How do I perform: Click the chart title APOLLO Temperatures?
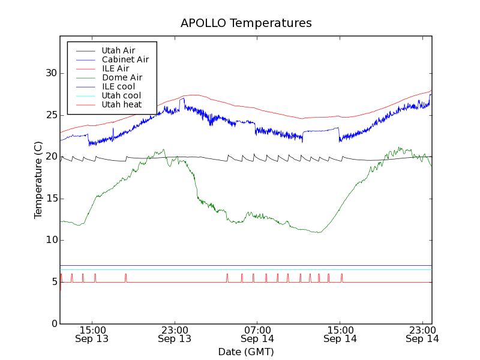pos(246,23)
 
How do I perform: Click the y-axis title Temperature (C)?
pos(38,180)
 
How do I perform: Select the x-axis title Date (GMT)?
pos(246,352)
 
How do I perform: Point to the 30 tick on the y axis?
pos(51,73)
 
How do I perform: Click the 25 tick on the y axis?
pos(51,115)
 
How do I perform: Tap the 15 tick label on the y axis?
pos(51,199)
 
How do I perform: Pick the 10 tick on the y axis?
pos(51,241)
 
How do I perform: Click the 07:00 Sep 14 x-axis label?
pos(257,334)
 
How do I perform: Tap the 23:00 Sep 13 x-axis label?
pos(175,334)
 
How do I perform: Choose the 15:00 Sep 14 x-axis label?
pos(340,334)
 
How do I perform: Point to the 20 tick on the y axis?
pos(51,157)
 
